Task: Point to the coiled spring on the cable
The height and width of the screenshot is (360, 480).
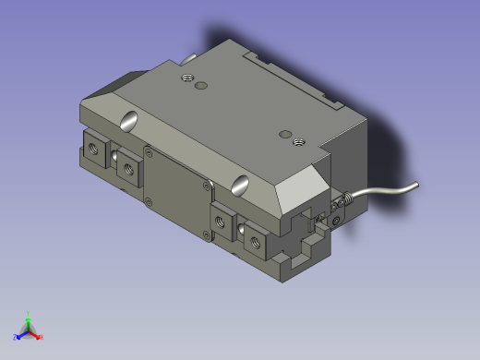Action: point(343,200)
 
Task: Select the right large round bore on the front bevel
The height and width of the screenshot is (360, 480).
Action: point(241,183)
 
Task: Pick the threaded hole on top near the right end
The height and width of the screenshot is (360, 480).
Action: point(297,140)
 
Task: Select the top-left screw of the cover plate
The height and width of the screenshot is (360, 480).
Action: point(147,150)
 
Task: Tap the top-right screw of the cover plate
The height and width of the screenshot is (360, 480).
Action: point(204,186)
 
